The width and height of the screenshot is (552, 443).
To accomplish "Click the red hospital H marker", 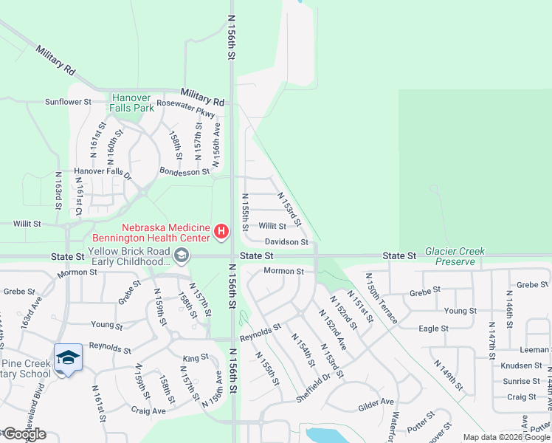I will point(221,233).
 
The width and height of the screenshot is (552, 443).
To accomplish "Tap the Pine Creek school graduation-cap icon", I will point(68,358).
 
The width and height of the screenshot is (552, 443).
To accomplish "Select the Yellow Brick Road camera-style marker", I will point(181,256).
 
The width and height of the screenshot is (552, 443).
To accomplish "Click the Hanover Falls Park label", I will point(133,103).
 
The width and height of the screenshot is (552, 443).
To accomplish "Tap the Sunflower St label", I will point(67,102).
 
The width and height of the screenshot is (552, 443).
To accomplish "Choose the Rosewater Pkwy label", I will point(185,109).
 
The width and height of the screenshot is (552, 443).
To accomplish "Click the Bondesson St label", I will point(184,172).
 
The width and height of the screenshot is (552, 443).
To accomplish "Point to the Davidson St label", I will point(286,241).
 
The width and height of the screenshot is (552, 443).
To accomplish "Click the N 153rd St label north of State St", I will point(289,209).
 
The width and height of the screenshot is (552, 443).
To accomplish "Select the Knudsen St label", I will point(521,365).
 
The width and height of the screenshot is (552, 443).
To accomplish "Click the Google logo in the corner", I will point(24,434).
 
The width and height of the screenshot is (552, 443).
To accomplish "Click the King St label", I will point(196,357).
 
